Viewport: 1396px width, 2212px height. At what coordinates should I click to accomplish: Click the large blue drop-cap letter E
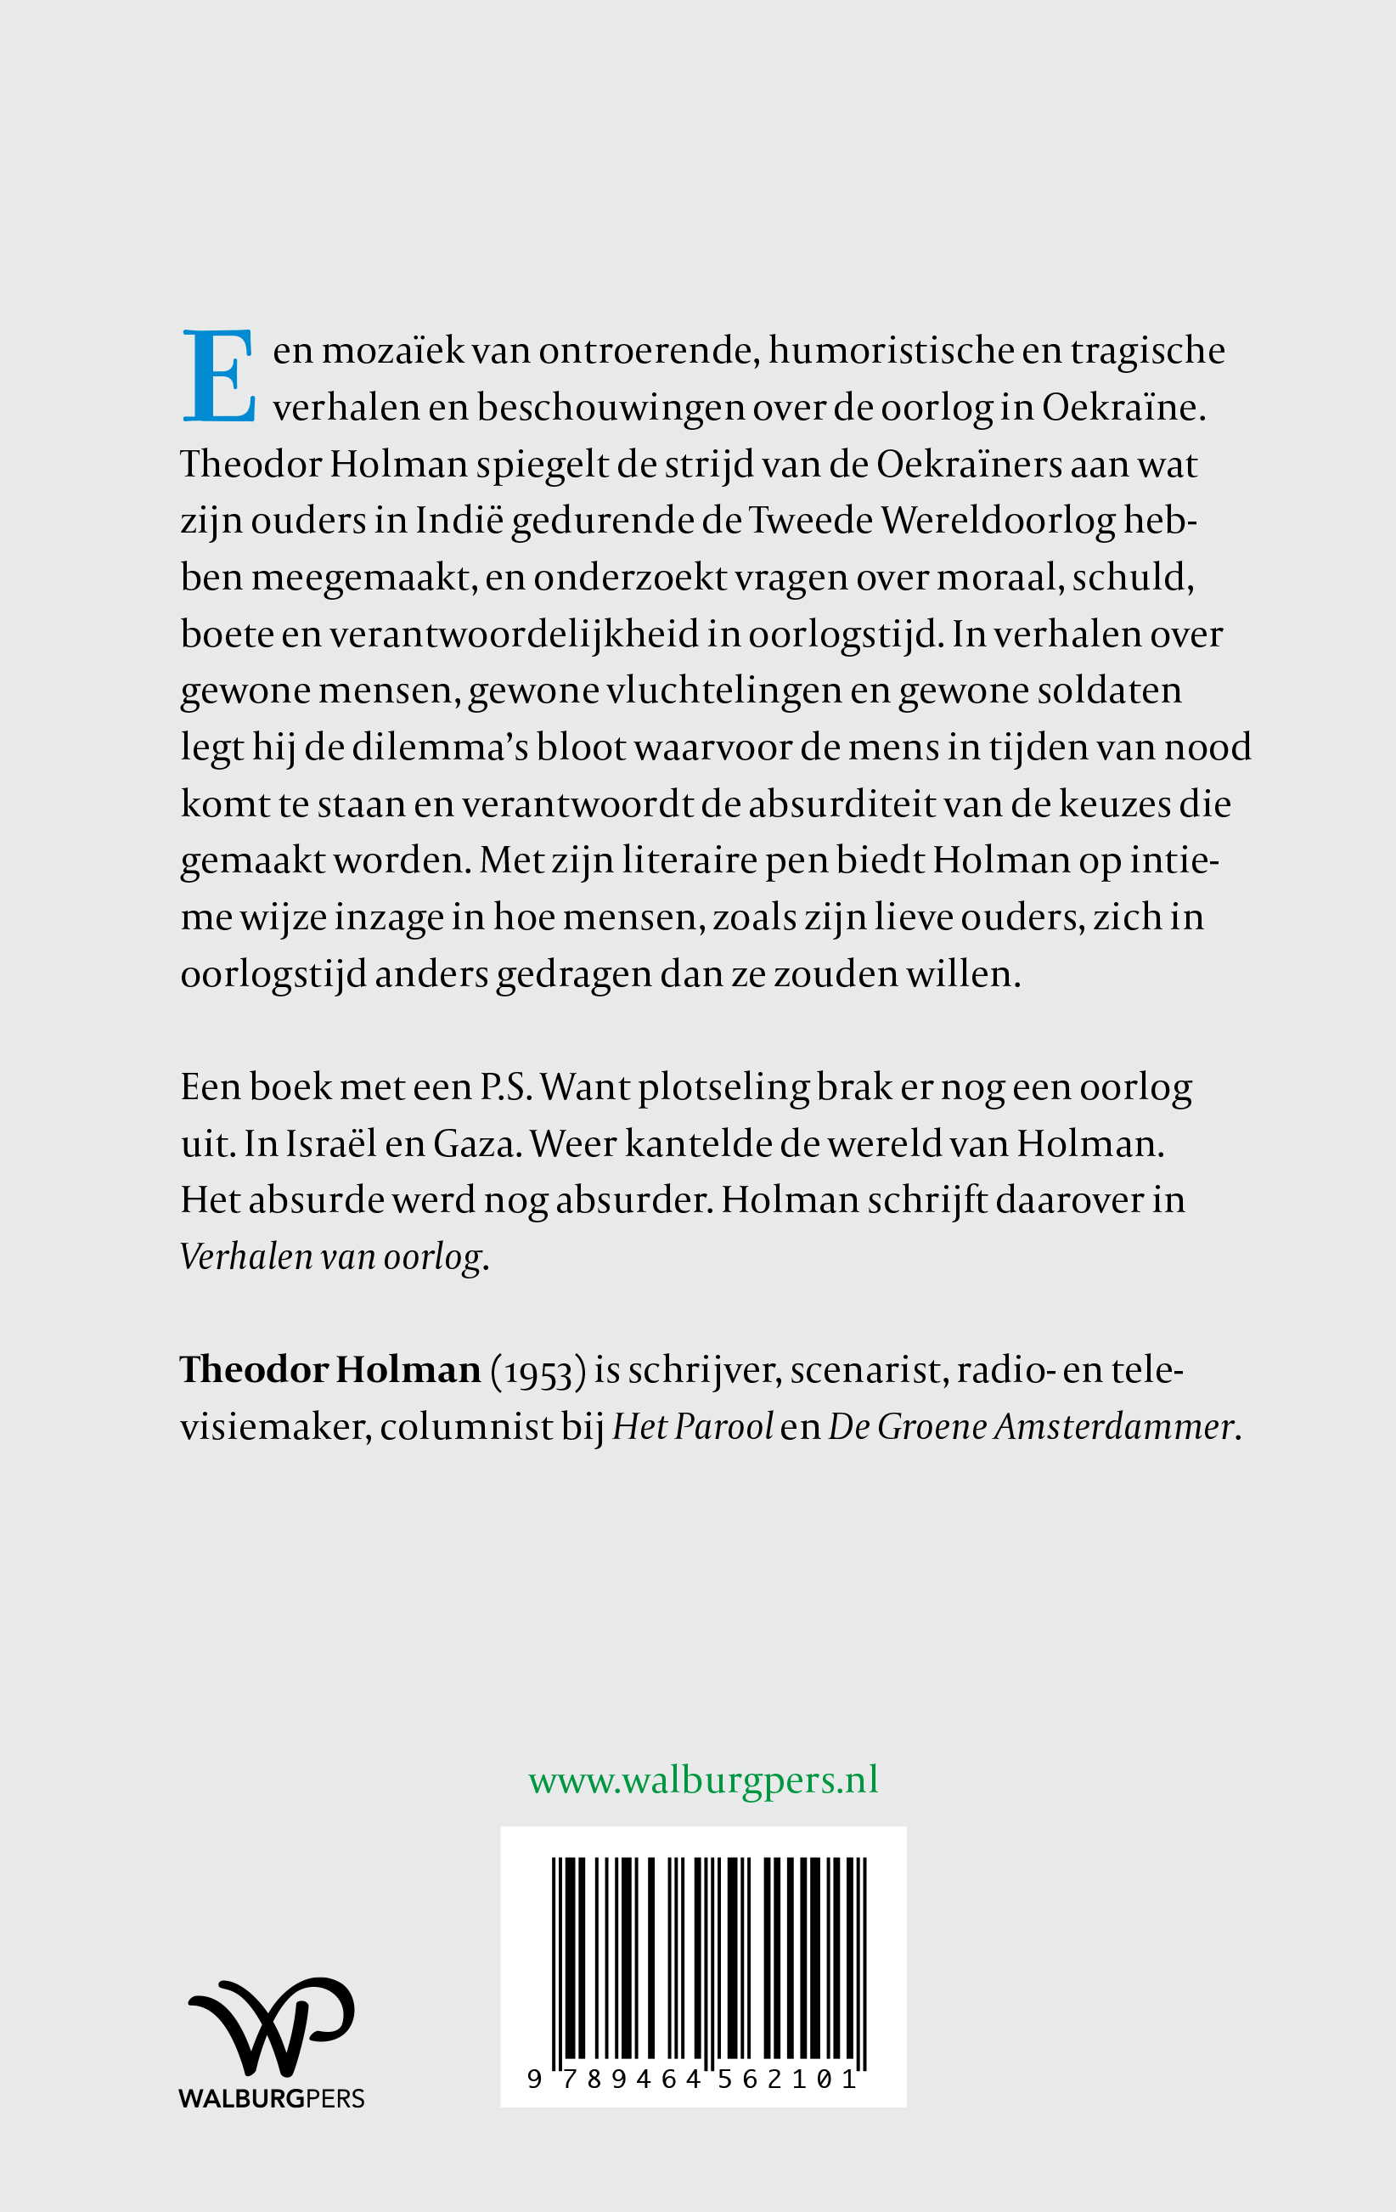(x=218, y=375)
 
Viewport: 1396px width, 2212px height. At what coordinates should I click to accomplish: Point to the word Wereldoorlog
(x=999, y=521)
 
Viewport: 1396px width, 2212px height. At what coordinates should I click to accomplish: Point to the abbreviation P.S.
(x=505, y=1087)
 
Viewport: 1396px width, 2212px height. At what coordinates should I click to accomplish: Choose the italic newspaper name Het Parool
(x=694, y=1427)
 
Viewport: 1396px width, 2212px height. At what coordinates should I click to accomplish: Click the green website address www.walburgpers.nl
(x=703, y=1780)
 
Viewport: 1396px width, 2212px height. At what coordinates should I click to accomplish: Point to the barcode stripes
(x=708, y=1956)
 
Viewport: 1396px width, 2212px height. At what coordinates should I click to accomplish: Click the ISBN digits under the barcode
(x=695, y=2079)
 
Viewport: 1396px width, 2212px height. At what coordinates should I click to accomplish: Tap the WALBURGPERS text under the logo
(x=272, y=2099)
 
